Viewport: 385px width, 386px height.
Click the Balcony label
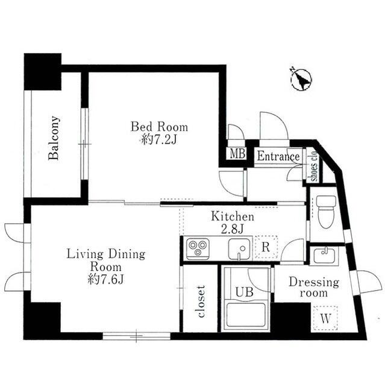(x=54, y=138)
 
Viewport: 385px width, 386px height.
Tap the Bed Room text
(x=159, y=127)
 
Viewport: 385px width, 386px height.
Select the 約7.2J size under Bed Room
(x=159, y=141)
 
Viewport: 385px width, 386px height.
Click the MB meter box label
(x=237, y=154)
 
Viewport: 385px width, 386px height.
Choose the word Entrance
(x=278, y=157)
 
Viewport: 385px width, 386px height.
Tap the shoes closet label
(x=315, y=166)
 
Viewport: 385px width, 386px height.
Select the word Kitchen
(x=233, y=217)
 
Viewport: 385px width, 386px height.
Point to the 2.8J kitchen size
(x=233, y=229)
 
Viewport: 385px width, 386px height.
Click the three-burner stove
(x=198, y=248)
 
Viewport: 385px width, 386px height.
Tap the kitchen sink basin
(x=239, y=249)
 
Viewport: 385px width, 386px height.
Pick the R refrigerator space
(x=266, y=247)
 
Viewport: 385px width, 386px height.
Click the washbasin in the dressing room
(x=324, y=255)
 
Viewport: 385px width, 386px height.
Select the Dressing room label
(x=314, y=287)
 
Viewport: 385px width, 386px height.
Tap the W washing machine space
(x=325, y=318)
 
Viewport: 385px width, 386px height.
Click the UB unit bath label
(x=244, y=292)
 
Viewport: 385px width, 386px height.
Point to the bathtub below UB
(x=246, y=315)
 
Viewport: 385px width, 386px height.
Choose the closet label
(x=201, y=302)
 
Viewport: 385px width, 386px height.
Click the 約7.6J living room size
(x=105, y=279)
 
